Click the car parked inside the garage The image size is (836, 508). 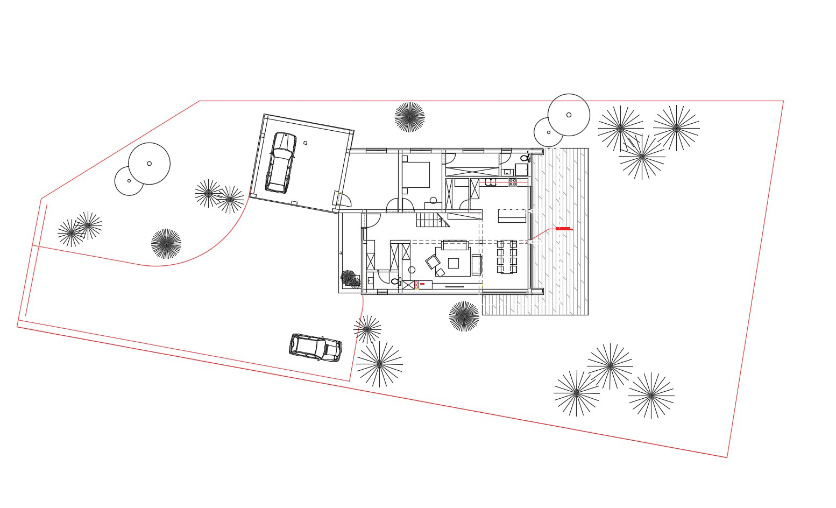[281, 163]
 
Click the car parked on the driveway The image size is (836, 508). [315, 347]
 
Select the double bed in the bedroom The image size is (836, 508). [415, 175]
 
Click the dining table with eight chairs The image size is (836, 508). [507, 257]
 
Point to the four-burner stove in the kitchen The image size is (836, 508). [513, 182]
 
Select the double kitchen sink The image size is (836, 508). [491, 182]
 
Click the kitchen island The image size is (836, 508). [512, 216]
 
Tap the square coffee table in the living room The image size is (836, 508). [454, 263]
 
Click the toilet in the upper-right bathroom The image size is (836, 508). [524, 158]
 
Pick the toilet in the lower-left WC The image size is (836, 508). [395, 281]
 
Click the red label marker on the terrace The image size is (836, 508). [563, 229]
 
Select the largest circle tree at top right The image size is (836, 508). [569, 115]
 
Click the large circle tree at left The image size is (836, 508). [149, 164]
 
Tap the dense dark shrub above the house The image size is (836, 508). [409, 117]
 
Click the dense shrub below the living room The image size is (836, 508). [464, 316]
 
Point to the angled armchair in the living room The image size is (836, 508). [433, 262]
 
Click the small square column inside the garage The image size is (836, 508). [305, 143]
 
